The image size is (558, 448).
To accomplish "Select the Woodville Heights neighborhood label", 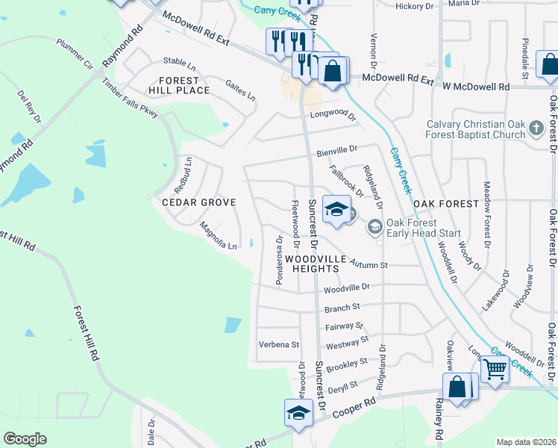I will [x=316, y=264].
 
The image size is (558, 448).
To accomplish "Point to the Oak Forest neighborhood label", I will [x=445, y=204].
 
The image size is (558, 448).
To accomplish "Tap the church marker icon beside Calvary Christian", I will [x=535, y=129].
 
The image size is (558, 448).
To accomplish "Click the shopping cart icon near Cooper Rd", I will [x=494, y=368].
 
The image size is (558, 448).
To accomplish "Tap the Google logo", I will [x=25, y=439].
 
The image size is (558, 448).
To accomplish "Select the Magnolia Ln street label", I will [x=218, y=234].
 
